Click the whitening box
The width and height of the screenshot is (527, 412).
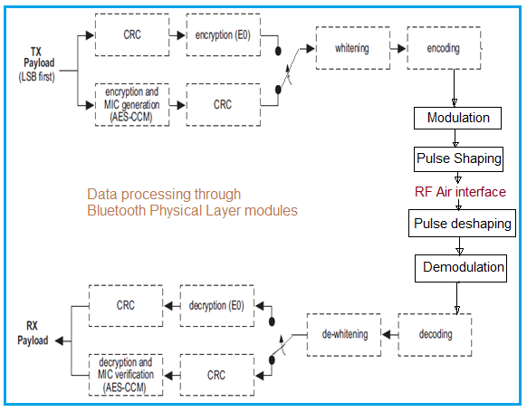click(352, 48)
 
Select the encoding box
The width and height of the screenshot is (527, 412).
click(444, 48)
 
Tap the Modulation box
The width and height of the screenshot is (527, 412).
click(457, 118)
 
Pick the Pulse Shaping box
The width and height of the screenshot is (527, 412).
click(458, 158)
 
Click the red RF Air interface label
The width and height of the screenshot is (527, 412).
click(460, 192)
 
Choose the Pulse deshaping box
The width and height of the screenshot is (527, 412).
click(463, 224)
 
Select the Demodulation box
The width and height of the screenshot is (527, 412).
click(463, 267)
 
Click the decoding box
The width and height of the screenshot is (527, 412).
click(436, 335)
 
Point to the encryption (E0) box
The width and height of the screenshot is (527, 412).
click(223, 35)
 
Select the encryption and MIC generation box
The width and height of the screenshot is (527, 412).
click(131, 105)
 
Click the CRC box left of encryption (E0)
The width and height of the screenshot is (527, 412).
click(131, 35)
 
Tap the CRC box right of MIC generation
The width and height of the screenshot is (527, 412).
click(223, 105)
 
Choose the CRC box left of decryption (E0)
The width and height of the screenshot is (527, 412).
click(126, 305)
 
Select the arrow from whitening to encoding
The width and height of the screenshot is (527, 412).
click(398, 48)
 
